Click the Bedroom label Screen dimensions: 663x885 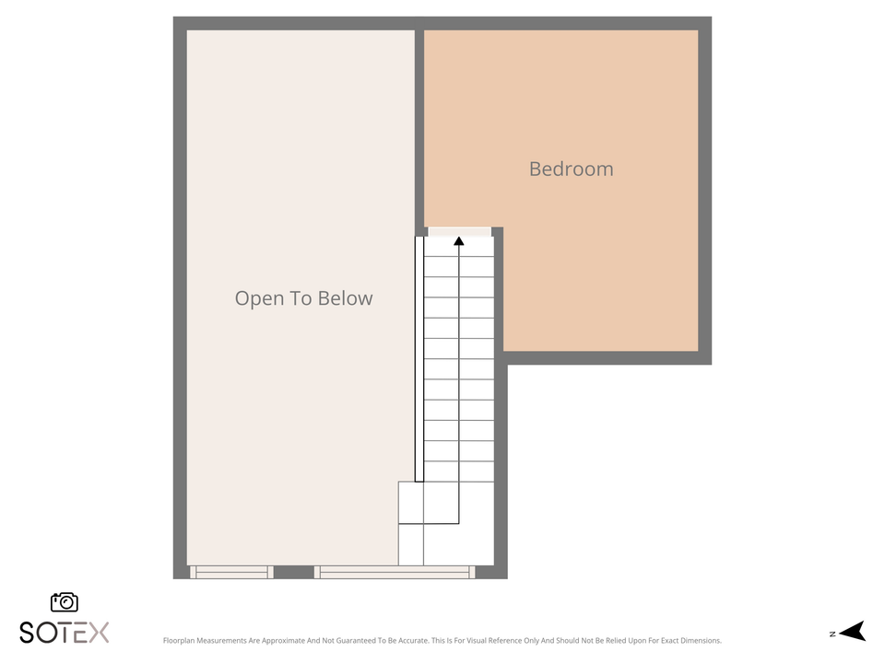571,169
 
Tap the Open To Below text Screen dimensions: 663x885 303,298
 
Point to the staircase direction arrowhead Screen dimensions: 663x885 458,241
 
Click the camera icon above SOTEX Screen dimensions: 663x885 65,602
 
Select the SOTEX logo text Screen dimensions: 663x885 65,633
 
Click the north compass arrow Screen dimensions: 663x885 854,632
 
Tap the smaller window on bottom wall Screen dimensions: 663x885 231,572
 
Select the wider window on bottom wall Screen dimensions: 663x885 395,572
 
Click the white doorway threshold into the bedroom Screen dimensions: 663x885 459,231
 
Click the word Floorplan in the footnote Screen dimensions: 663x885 181,641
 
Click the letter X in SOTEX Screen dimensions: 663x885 99,633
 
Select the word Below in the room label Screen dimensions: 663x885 345,298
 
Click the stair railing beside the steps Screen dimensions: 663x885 419,359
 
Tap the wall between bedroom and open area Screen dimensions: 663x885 419,129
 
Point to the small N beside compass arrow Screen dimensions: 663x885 832,634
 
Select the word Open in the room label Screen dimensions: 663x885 254,298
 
